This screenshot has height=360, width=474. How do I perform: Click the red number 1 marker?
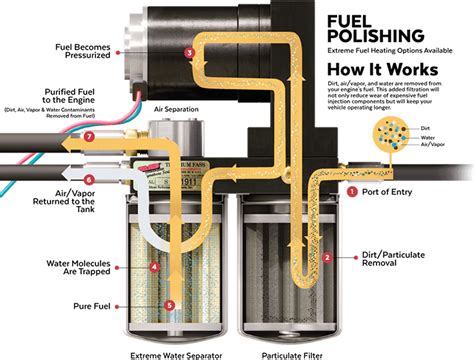point(351,189)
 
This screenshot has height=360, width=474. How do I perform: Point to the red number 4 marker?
point(154,267)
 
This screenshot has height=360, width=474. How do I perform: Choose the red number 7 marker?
point(89,136)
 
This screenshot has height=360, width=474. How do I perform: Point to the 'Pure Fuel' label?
point(88,305)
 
